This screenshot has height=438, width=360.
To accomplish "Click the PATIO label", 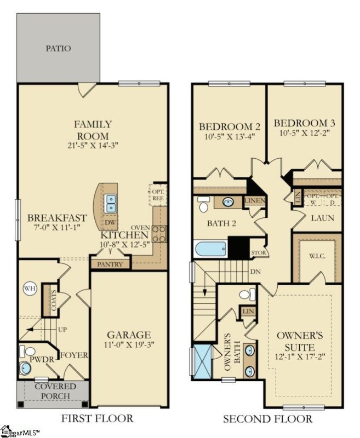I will click(58, 48).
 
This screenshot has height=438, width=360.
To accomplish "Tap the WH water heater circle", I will click(28, 289).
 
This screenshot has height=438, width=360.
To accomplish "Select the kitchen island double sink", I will click(111, 203).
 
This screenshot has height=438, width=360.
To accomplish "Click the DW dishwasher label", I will click(111, 223).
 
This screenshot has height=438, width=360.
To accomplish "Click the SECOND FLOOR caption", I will click(267, 419).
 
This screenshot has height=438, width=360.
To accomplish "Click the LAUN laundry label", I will click(320, 218).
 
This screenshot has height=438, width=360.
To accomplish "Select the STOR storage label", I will click(258, 253).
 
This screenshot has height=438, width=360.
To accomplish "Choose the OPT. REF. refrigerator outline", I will click(159, 195).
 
